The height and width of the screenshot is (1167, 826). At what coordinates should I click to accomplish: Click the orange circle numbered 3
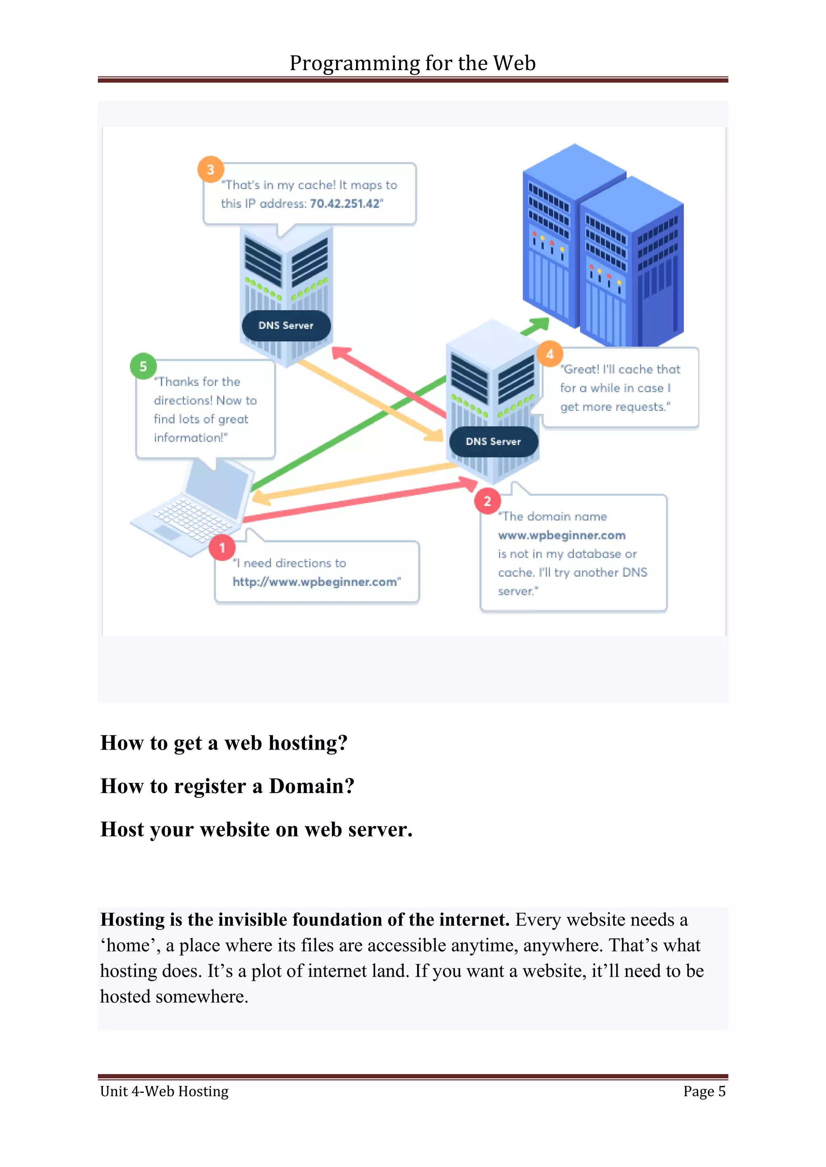tap(211, 169)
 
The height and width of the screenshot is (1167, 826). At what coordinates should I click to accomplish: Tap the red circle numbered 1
tap(222, 547)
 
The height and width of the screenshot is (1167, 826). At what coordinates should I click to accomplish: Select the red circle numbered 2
tap(487, 501)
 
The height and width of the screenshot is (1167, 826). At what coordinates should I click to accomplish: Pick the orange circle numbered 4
tap(550, 354)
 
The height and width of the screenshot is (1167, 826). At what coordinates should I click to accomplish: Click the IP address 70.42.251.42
tap(345, 204)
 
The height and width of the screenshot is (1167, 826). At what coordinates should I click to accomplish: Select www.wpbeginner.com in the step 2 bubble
tap(561, 535)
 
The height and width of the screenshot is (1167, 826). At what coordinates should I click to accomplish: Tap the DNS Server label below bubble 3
tap(286, 325)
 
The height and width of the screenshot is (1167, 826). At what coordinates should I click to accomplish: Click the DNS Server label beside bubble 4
tap(493, 442)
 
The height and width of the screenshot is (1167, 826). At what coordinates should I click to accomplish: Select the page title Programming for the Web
tap(413, 63)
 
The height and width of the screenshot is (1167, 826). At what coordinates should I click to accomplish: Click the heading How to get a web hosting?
tap(224, 743)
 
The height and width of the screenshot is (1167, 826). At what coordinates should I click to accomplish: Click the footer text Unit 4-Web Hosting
tap(164, 1091)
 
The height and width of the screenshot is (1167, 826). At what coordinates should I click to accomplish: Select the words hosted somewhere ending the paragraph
tap(174, 997)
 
